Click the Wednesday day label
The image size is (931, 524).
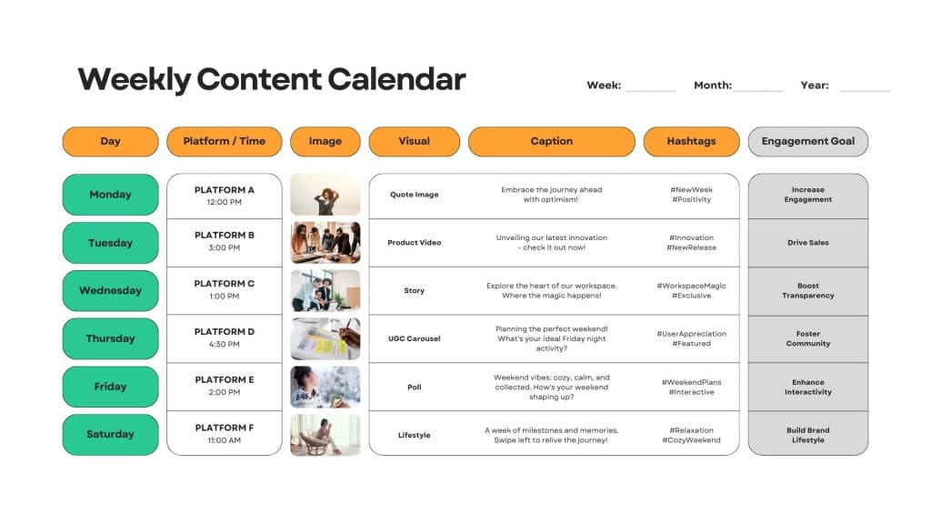pos(110,290)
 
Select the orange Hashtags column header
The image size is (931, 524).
pos(691,141)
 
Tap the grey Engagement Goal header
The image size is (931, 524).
pos(808,141)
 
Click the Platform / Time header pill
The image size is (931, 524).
pos(225,141)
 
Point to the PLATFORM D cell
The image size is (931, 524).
pos(225,338)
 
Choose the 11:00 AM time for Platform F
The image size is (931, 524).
pos(225,440)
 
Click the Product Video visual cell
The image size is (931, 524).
pos(415,242)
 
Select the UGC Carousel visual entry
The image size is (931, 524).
pos(415,338)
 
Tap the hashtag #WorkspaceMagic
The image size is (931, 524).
pos(691,286)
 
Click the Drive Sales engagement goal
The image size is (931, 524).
pos(808,242)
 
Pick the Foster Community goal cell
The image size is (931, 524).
pos(808,338)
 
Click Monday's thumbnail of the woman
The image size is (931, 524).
pos(325,195)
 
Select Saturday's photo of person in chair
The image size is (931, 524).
pos(325,435)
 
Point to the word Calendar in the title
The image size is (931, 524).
pos(396,79)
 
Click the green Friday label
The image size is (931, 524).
pos(110,387)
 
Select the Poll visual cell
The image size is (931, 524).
pos(415,387)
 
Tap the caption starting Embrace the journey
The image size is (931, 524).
pos(552,195)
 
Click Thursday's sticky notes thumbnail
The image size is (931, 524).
pos(325,338)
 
